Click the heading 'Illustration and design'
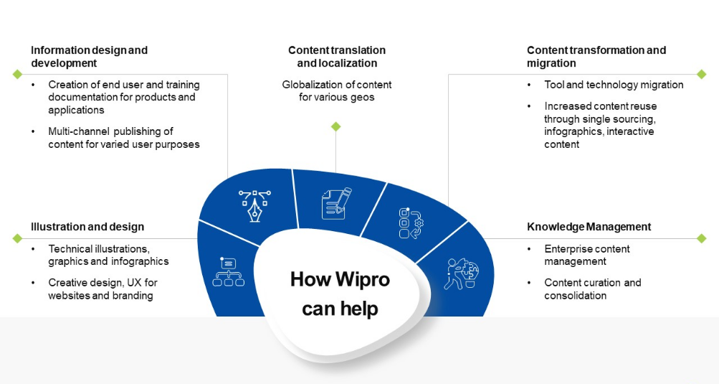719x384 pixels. coord(87,227)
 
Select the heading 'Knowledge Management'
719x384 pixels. coord(589,227)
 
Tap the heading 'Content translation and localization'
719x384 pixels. coord(337,57)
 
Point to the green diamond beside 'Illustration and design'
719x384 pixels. coord(17,238)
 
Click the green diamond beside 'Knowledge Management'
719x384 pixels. coord(702,238)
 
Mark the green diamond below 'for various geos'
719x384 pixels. coord(335,127)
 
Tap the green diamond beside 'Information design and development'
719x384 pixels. coord(17,74)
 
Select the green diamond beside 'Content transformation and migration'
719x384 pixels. coord(702,74)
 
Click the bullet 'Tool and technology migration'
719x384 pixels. coord(614,85)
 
